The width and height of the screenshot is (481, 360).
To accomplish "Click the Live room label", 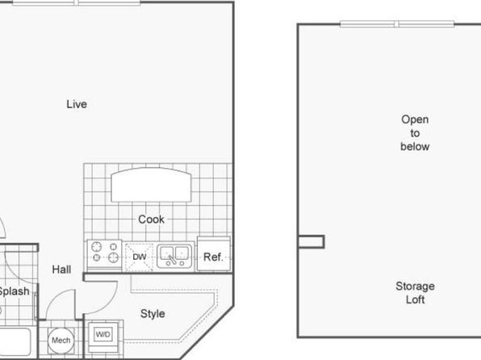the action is coord(77,104).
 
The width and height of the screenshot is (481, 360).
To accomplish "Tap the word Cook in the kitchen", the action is coord(151,220).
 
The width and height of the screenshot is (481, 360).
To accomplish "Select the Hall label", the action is coord(61,270).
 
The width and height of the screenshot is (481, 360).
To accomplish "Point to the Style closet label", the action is coord(153,314).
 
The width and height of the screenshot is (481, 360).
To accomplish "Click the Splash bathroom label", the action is coord(14,291).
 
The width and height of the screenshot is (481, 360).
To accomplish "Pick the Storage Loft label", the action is coord(415,293).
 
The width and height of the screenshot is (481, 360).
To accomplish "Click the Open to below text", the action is coord(415,133).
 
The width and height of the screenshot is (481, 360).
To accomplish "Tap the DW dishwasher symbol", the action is coord(140,257).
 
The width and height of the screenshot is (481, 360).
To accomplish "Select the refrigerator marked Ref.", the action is coord(214,253).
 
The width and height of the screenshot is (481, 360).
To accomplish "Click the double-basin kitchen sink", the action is coord(174,257).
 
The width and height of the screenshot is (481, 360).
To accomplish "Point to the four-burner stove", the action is coord(105,255).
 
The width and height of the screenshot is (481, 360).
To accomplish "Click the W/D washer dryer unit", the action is coord(103,334).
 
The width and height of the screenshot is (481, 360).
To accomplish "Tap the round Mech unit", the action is coord(61,341).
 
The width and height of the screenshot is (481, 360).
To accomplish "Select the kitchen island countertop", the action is coord(151,185).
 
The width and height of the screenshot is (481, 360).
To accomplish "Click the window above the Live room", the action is coord(77,3).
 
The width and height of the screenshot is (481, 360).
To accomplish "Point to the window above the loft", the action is coord(397,24).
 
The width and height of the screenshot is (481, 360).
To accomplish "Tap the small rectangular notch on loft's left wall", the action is coord(311,241).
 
